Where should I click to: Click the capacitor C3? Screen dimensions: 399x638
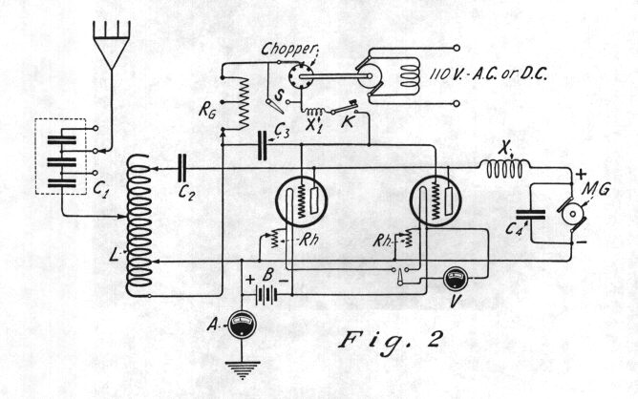coord(264,143)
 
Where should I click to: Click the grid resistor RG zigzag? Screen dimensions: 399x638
coord(242,107)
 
